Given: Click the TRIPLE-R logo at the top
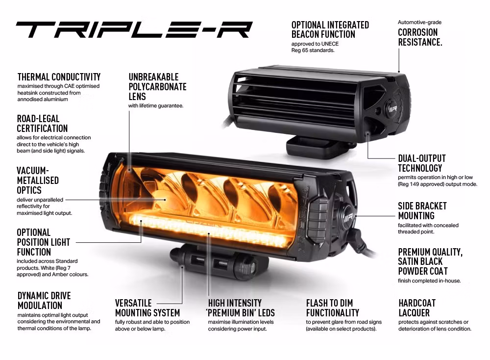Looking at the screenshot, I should [134, 30].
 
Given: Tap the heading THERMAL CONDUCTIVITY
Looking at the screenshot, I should [59, 77].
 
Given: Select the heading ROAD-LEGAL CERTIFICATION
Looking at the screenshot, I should [42, 124].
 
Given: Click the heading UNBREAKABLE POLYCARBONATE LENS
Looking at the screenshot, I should [157, 87].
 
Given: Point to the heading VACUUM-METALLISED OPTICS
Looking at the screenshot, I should [38, 180].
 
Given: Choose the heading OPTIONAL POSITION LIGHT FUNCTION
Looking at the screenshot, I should [43, 242].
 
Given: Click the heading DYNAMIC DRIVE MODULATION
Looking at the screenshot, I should [44, 301].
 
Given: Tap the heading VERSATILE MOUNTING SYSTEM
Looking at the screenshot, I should [147, 308].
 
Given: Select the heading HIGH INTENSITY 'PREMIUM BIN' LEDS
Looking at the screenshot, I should [241, 308].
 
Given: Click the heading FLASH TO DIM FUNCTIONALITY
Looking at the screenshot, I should [332, 308].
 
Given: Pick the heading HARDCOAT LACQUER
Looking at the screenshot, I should [417, 308].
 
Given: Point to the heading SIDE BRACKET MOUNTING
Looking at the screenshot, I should [422, 211].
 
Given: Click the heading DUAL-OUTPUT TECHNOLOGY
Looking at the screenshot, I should [421, 163].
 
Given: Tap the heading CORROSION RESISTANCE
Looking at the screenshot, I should [419, 37].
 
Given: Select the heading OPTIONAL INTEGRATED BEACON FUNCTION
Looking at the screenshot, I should [330, 29].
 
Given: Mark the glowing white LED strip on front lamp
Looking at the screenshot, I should [211, 231].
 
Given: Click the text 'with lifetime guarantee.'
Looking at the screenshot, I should [156, 106].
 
